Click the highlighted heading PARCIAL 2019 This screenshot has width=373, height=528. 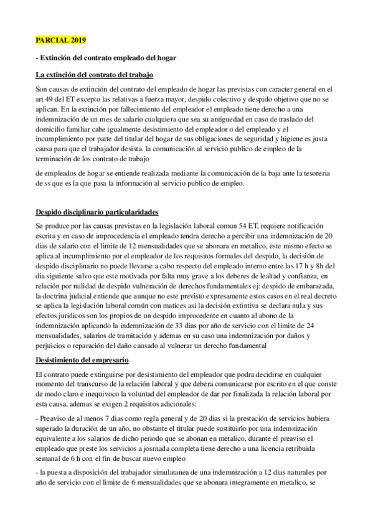60,40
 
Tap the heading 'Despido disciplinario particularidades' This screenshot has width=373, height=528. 97,212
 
